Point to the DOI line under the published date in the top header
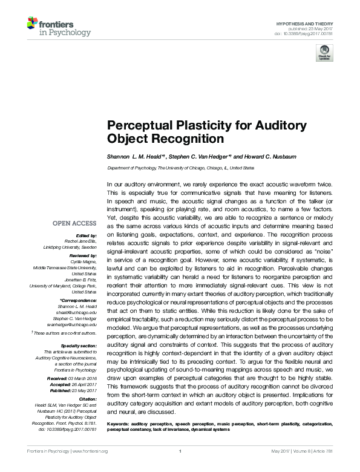[x=309, y=33]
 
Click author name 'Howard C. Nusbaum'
[x=272, y=156]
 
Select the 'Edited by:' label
[x=87, y=235]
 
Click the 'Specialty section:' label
[x=80, y=346]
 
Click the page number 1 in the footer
[x=180, y=468]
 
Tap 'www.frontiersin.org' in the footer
[x=90, y=468]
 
